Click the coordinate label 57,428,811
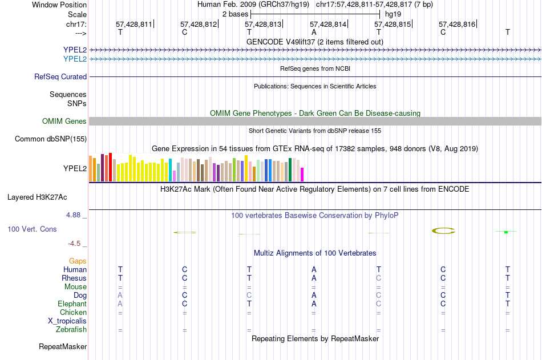[x=134, y=25]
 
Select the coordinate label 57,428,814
[x=328, y=25]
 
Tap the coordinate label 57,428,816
[x=456, y=25]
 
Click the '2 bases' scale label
[x=235, y=14]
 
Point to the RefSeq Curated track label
[x=60, y=76]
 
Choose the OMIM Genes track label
[x=64, y=121]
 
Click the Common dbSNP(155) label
[x=51, y=139]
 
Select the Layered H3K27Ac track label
[x=37, y=197]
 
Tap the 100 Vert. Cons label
[x=32, y=229]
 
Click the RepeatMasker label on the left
[x=63, y=346]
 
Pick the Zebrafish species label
[x=71, y=330]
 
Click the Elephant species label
[x=72, y=304]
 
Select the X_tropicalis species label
[x=67, y=321]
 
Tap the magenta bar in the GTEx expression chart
[x=302, y=175]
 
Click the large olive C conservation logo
[x=443, y=230]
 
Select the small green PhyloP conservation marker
[x=506, y=232]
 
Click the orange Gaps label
[x=78, y=261]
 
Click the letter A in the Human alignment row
[x=314, y=269]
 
